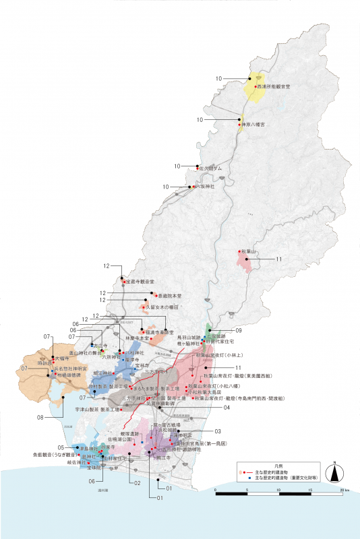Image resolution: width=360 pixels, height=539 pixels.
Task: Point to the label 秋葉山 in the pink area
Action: coord(248,251)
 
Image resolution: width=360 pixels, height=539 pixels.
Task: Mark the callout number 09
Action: coord(239,330)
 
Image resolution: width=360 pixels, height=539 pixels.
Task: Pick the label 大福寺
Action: coord(62,359)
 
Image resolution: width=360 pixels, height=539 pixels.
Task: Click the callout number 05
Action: coord(61,447)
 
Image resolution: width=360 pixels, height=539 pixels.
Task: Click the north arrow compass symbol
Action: coord(333,472)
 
